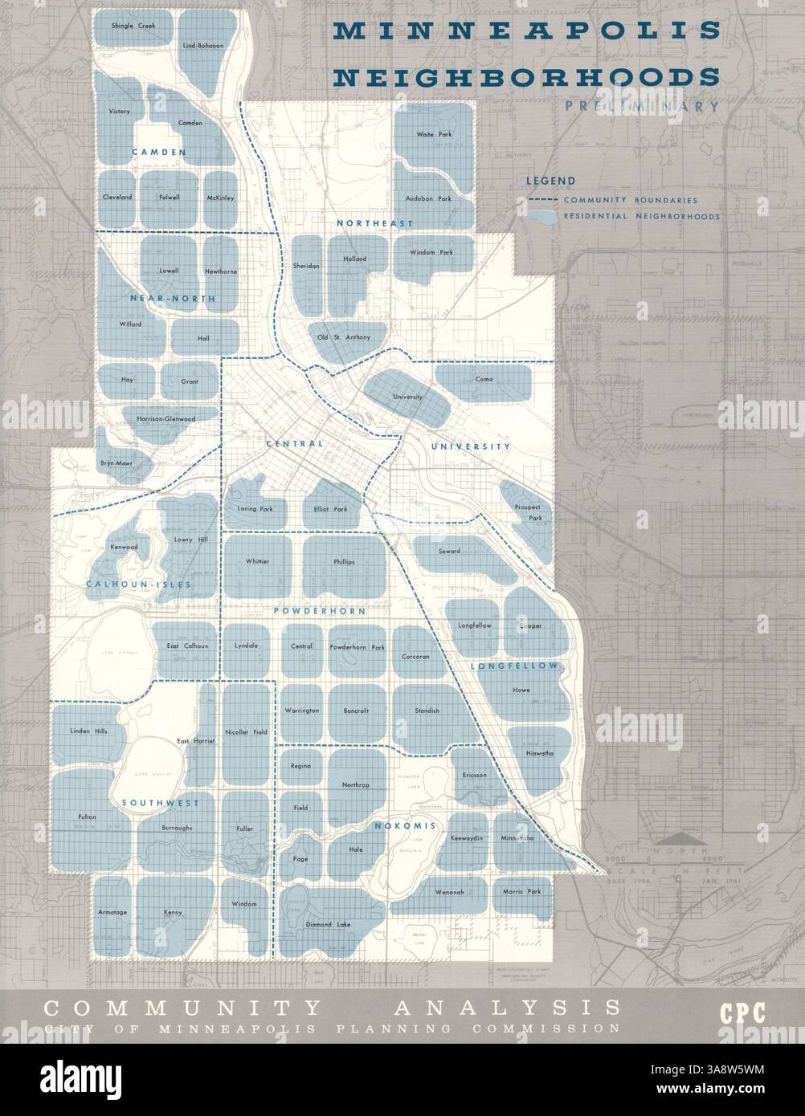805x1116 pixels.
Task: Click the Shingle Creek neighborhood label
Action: pos(133,26)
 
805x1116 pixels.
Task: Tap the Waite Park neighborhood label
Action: pos(434,134)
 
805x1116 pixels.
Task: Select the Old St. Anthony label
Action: pos(344,337)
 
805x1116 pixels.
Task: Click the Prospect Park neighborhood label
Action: pos(529,513)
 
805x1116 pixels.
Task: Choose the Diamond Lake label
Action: pos(328,925)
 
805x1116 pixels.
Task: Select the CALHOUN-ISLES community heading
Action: pos(138,584)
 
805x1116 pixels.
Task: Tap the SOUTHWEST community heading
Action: pos(159,802)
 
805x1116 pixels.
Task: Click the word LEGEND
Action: pos(550,181)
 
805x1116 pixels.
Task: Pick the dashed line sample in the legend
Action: pos(541,200)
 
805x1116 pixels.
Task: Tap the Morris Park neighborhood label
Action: pos(522,892)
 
